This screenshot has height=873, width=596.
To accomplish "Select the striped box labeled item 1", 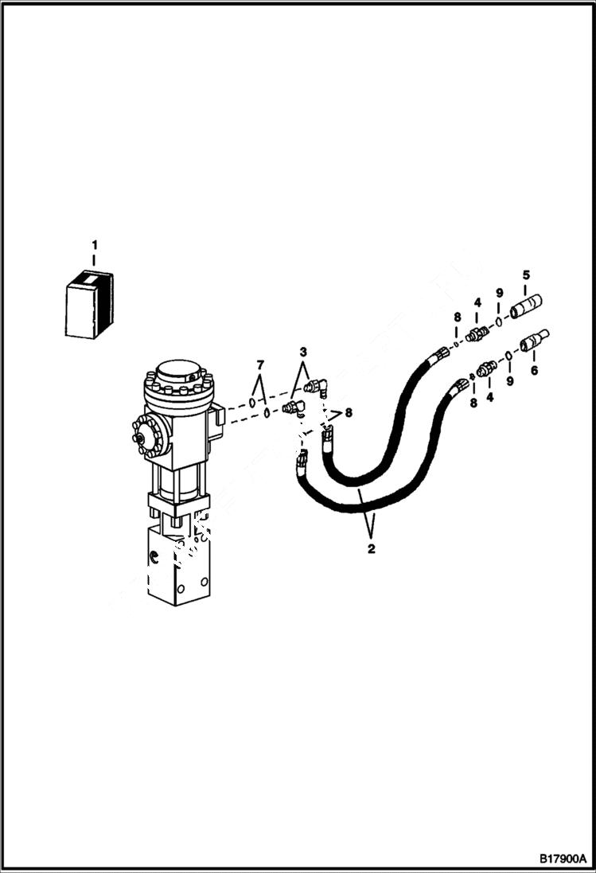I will [x=88, y=304].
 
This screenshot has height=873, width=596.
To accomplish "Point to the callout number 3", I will [x=302, y=352].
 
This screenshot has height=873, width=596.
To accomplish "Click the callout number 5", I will [x=526, y=275].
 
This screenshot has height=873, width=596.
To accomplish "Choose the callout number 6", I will [x=533, y=370].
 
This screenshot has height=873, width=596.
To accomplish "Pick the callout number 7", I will [x=259, y=364].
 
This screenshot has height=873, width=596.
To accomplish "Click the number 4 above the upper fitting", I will [x=477, y=302].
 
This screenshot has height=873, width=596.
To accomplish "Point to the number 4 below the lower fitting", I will [x=489, y=394].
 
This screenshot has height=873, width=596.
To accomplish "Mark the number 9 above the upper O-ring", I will [x=499, y=294].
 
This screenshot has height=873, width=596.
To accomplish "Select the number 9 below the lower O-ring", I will [x=509, y=381].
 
